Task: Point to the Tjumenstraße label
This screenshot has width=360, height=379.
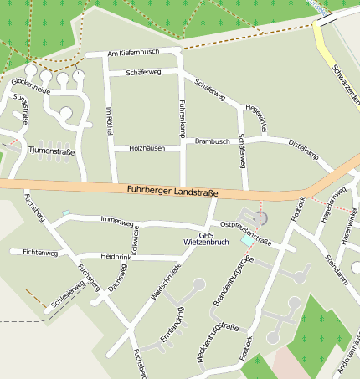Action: point(51,152)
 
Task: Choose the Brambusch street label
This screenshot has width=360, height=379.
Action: point(212,141)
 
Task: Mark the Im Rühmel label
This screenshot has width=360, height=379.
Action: point(109,120)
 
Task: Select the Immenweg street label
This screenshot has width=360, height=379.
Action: point(116,220)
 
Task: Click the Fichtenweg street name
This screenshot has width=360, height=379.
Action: point(40,251)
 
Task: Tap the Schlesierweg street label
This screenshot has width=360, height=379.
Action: point(68,295)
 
